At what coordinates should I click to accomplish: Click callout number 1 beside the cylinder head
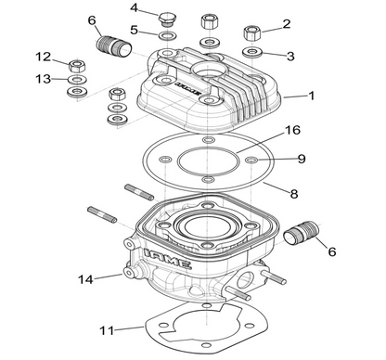[x=312, y=96]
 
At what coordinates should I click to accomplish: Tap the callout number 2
[x=286, y=23]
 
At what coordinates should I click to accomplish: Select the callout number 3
[x=290, y=56]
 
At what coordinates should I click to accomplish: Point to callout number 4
[x=135, y=8]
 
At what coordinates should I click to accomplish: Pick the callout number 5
[x=134, y=30]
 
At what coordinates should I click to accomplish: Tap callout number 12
[x=42, y=57]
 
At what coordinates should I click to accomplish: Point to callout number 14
[x=85, y=277]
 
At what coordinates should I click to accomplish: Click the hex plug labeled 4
[x=167, y=18]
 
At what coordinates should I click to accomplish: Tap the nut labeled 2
[x=250, y=33]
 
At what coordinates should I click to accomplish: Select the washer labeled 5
[x=166, y=35]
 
